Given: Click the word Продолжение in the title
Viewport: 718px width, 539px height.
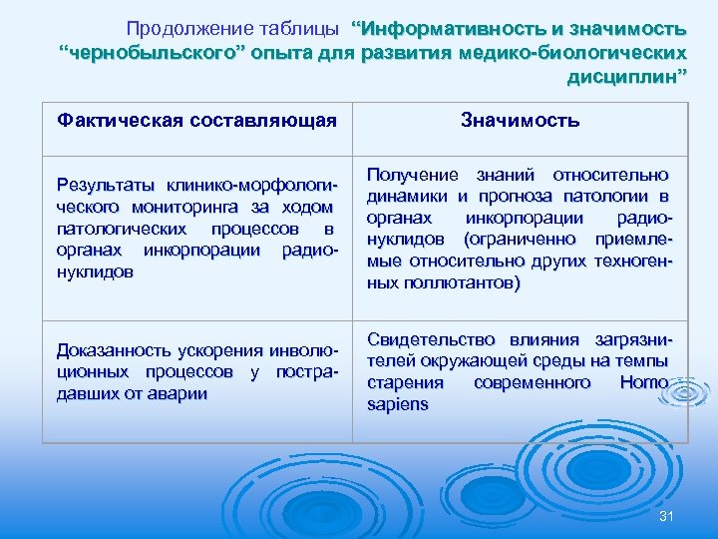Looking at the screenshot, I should tap(182, 26).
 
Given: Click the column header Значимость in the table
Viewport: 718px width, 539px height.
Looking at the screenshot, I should tap(520, 121).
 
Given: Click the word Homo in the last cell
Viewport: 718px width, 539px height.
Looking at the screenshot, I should tap(644, 383).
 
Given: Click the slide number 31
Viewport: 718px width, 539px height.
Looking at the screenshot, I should tap(668, 515).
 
